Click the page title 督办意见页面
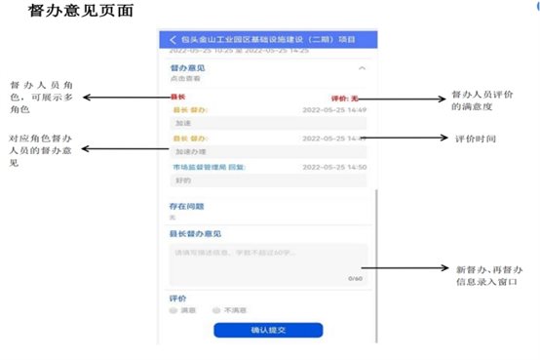[82, 12]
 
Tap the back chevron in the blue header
[174, 40]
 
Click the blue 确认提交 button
[268, 331]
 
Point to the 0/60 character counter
[355, 278]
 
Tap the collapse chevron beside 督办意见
[363, 69]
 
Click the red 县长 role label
[177, 98]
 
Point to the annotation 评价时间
[477, 140]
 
